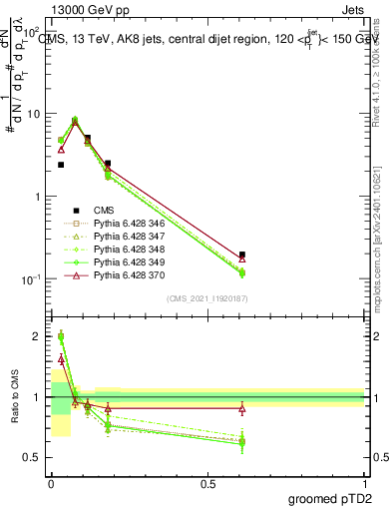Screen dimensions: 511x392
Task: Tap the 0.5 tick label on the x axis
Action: pos(207,484)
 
